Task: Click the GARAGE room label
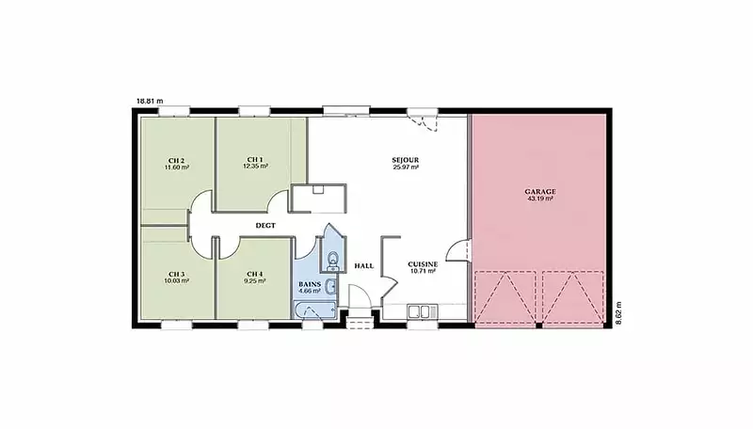pyautogui.click(x=540, y=192)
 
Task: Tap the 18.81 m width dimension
pyautogui.click(x=150, y=102)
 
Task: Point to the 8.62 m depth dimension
pyautogui.click(x=618, y=313)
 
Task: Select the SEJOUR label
pyautogui.click(x=406, y=160)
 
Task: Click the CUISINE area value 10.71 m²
pyautogui.click(x=423, y=271)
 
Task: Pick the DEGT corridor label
pyautogui.click(x=265, y=225)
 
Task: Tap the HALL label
pyautogui.click(x=364, y=266)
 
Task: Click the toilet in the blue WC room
pyautogui.click(x=333, y=262)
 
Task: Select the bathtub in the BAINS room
pyautogui.click(x=315, y=310)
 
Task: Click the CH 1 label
pyautogui.click(x=255, y=159)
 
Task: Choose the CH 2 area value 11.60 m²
pyautogui.click(x=177, y=167)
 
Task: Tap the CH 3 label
pyautogui.click(x=176, y=274)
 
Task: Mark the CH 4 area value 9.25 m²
pyautogui.click(x=254, y=281)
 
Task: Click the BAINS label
pyautogui.click(x=310, y=284)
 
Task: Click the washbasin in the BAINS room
pyautogui.click(x=331, y=287)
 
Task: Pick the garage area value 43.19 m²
pyautogui.click(x=540, y=199)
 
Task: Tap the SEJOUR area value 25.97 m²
pyautogui.click(x=406, y=167)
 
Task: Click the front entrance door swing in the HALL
pyautogui.click(x=360, y=296)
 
